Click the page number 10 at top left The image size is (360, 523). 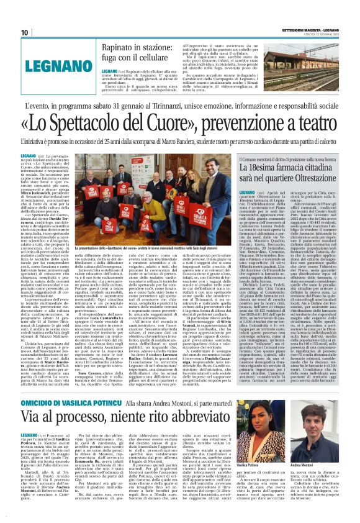pos(25,32)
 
